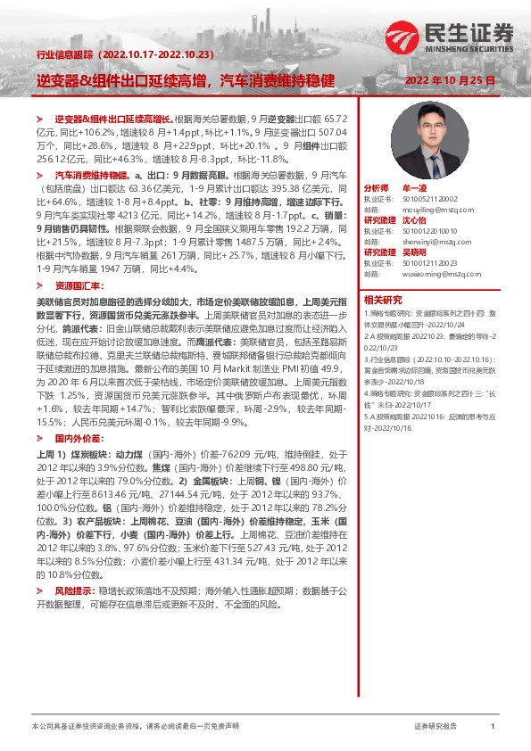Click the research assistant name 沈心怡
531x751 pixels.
[x=414, y=219]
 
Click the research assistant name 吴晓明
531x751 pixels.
[x=414, y=251]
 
